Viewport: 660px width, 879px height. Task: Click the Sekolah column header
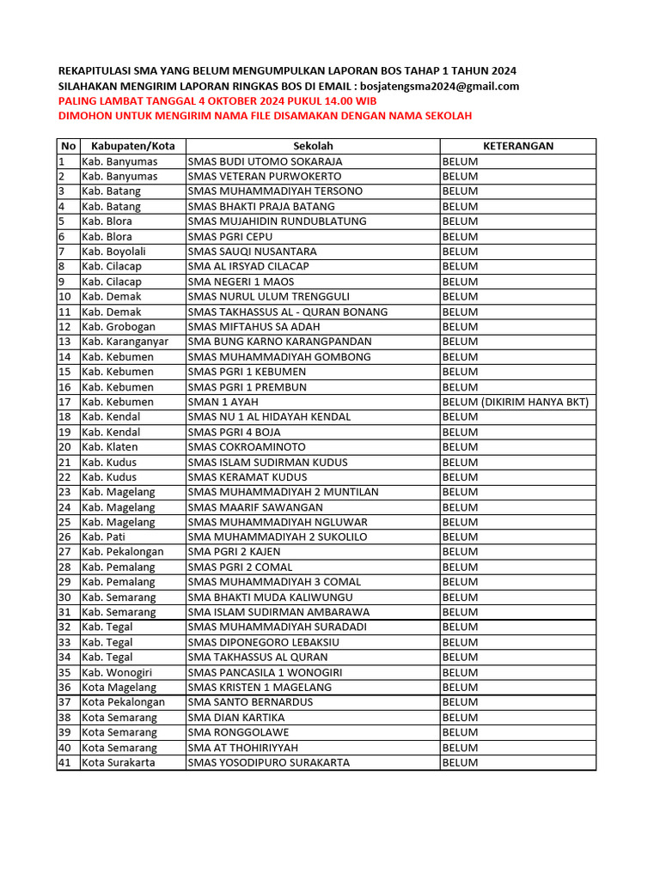click(313, 146)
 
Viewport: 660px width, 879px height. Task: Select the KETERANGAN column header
click(517, 146)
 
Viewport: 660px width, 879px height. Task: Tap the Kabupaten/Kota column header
click(132, 146)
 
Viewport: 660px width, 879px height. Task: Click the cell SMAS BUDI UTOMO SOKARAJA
click(265, 161)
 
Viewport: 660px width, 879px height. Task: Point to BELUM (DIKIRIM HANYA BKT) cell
click(515, 402)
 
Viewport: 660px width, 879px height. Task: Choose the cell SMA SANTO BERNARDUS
click(250, 702)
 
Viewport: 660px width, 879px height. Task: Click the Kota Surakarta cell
click(119, 762)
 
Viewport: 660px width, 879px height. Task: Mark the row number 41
click(64, 762)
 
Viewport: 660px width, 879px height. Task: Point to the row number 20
click(64, 446)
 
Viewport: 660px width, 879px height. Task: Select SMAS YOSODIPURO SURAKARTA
click(269, 762)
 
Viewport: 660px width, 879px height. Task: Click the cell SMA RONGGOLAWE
click(238, 732)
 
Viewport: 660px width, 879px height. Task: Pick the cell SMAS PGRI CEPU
click(224, 236)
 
